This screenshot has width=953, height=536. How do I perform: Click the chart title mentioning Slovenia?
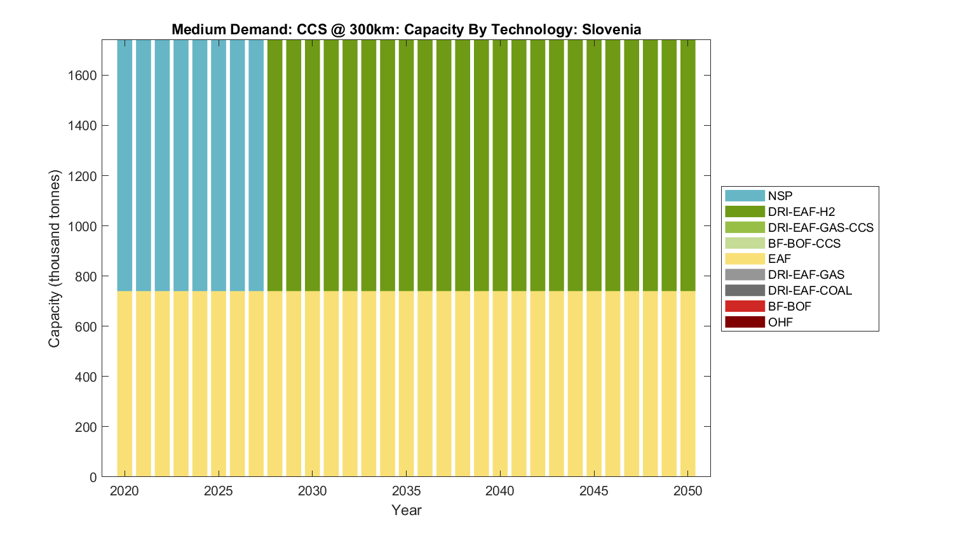point(406,30)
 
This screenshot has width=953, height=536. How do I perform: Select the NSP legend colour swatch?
point(745,196)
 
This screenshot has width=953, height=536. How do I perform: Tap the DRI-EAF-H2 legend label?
point(801,211)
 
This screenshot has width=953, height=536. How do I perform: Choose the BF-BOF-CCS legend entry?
point(804,243)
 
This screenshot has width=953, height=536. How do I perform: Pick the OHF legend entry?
point(780,322)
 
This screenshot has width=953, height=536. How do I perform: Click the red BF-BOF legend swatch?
point(745,306)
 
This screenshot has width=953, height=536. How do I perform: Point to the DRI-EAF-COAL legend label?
point(809,290)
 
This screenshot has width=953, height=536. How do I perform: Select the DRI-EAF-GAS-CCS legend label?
point(820,227)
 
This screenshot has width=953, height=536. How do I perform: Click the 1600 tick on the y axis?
point(82,76)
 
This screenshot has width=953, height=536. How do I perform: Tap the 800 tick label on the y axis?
point(86,276)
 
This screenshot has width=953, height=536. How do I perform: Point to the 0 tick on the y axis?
point(93,477)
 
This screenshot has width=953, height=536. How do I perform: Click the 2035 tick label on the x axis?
point(406,491)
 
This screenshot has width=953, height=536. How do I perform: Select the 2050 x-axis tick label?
point(688,491)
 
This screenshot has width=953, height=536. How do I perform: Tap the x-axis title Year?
point(406,510)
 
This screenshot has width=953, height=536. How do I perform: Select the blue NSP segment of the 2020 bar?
point(125,165)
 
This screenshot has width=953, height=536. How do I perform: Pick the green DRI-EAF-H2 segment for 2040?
point(500,165)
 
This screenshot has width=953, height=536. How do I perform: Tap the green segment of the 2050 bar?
point(688,165)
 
